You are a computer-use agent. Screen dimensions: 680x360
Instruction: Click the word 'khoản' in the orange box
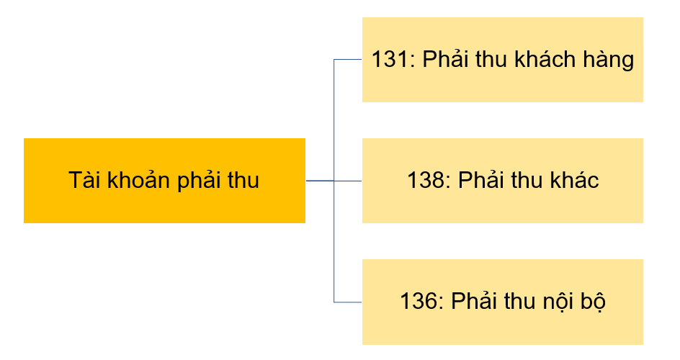tap(136, 180)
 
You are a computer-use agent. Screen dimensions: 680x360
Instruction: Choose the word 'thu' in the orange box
tap(243, 180)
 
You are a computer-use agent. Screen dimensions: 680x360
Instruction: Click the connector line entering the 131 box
tap(348, 59)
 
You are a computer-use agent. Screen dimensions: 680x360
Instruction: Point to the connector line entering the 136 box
tap(348, 302)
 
